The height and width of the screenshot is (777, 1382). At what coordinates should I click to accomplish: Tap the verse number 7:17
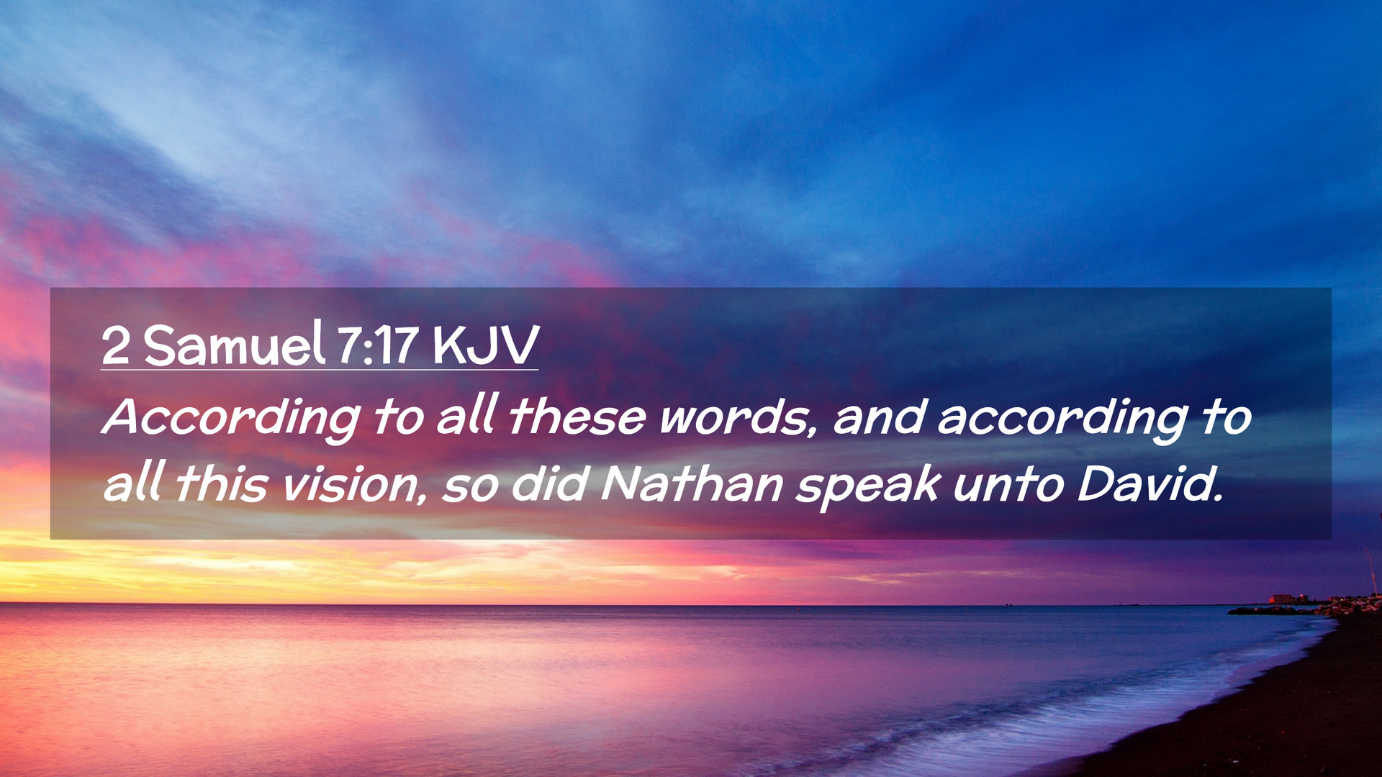tap(378, 345)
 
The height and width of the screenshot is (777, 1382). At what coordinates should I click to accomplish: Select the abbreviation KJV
tap(485, 345)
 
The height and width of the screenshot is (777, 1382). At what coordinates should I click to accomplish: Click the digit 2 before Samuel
tap(116, 345)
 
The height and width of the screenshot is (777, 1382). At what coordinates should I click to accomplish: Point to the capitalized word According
tap(231, 419)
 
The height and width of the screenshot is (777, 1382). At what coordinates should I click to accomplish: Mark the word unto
tap(1008, 484)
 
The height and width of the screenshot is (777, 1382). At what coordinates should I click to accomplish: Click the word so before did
tap(470, 486)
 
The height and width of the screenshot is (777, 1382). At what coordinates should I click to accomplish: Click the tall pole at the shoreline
tap(1371, 572)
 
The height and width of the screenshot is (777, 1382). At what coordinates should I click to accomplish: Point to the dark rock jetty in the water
tap(1270, 611)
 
